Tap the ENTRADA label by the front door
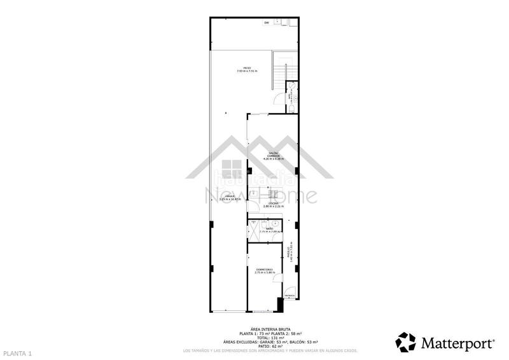289,296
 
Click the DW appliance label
267,24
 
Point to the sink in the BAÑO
274,224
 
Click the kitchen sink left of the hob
253,192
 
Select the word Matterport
457,343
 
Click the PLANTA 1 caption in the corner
17,352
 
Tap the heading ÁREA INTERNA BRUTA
270,329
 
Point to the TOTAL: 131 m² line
270,337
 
